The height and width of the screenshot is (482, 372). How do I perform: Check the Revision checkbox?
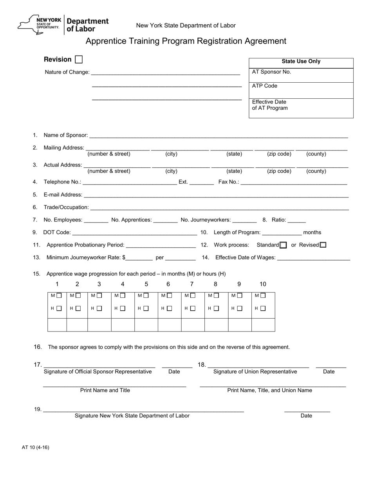[79, 60]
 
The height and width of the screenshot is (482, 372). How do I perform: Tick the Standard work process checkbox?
[283, 245]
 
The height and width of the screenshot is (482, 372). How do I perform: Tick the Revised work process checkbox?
[323, 245]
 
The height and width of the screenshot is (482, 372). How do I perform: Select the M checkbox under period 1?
[59, 295]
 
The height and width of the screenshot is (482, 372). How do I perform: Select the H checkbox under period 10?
[262, 308]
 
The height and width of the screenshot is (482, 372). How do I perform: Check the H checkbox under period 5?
[146, 308]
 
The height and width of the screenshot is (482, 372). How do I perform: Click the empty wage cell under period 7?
[193, 325]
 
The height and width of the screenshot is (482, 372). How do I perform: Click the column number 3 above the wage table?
[99, 284]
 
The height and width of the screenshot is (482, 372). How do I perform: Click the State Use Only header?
[301, 62]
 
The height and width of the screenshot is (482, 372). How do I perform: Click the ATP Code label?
[265, 86]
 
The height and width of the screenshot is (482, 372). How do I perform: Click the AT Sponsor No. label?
[271, 72]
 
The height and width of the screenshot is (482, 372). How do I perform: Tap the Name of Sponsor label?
[65, 135]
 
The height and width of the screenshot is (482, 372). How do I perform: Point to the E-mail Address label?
[63, 195]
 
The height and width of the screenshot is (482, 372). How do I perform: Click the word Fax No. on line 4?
[229, 182]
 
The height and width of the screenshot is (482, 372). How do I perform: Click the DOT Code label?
[57, 232]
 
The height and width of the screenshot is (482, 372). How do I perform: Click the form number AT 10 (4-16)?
[36, 448]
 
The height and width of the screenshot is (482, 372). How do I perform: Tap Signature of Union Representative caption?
[255, 371]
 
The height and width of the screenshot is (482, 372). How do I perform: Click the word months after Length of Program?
[312, 232]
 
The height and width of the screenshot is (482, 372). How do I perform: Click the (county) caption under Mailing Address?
[316, 154]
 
